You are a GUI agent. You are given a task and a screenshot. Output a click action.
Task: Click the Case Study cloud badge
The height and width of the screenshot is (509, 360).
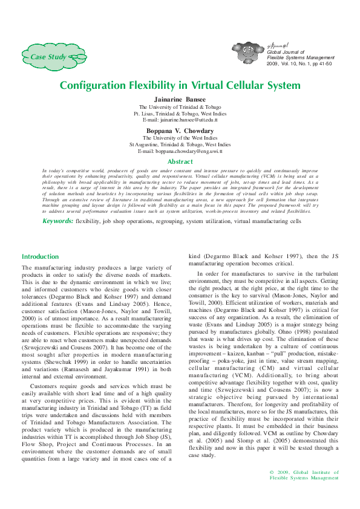coord(52,57)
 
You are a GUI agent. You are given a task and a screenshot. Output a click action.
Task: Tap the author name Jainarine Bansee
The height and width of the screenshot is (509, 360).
coord(180,99)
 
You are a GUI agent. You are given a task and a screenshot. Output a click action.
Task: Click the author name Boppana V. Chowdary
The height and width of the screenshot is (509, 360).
coord(180,131)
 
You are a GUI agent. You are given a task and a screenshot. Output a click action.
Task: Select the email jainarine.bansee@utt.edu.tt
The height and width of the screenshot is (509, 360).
coord(180,120)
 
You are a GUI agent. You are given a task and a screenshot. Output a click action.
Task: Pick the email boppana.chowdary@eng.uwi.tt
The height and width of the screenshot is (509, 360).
coord(180,152)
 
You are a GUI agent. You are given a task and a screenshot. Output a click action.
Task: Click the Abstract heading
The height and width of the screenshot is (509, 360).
coord(180,162)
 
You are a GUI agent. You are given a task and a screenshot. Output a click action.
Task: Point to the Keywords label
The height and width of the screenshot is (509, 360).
coord(41,221)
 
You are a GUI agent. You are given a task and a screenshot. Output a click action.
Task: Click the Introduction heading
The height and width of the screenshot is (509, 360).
coord(40,257)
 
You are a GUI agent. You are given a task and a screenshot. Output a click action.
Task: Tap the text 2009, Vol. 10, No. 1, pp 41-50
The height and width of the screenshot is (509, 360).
coord(299,63)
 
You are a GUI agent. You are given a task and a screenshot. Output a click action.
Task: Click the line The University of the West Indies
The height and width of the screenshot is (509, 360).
coord(180,138)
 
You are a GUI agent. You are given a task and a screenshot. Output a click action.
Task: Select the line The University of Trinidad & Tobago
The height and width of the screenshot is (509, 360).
coord(180,106)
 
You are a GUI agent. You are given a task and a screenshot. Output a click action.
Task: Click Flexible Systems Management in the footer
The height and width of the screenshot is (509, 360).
coord(304,478)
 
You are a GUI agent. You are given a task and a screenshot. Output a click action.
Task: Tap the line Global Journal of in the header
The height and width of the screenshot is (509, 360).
coord(286,52)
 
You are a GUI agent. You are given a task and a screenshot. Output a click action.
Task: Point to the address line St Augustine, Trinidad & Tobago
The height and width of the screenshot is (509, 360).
coord(180,144)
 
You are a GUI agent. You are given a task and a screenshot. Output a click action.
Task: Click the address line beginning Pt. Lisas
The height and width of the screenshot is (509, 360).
coord(180,114)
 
